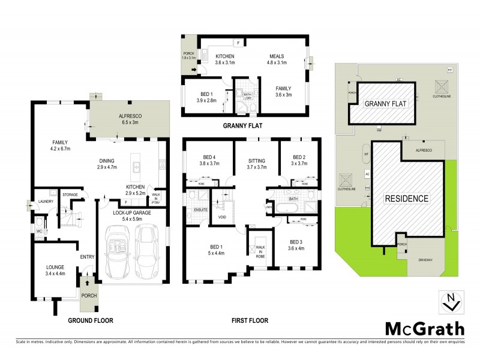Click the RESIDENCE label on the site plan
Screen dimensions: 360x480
(406, 198)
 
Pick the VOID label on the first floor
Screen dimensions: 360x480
(221, 217)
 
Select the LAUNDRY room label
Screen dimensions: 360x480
(46, 202)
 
